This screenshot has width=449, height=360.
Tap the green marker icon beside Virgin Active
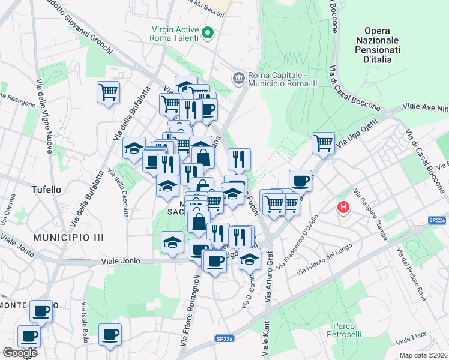coord(208,32)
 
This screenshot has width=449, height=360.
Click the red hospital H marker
coord(343,208)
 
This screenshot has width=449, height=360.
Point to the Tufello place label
coord(46,190)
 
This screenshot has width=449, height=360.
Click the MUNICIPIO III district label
coord(68,238)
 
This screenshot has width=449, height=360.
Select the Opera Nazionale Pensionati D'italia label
coord(378,45)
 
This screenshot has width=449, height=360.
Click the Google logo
coord(19,353)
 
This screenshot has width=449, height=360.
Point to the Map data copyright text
coord(423,355)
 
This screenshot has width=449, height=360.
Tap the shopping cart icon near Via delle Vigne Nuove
coord(108,92)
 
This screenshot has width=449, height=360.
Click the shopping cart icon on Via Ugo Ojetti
coord(323,143)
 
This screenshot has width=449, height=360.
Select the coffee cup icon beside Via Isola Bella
coord(110,334)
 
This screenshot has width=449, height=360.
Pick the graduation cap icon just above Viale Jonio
coord(172,242)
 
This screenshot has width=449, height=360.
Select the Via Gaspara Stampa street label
coord(370,214)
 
